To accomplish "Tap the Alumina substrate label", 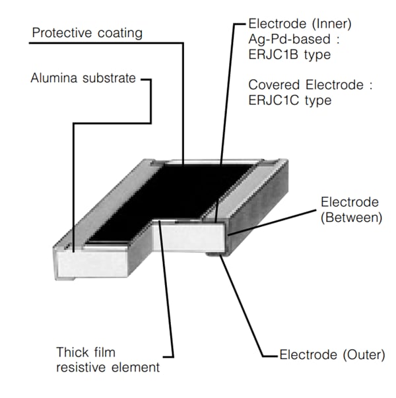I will pos(83,79).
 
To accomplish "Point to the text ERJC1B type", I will pos(289,53).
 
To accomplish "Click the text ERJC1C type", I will pos(289,100).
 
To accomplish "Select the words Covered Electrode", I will pos(300,85).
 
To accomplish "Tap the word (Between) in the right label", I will pos(350,217).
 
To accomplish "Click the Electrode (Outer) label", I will pos(331,355).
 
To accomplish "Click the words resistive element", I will pos(108,366).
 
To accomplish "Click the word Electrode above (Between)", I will pos(350,202).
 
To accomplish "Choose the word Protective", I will pos(61,32).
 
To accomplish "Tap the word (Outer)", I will pos(360,355).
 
